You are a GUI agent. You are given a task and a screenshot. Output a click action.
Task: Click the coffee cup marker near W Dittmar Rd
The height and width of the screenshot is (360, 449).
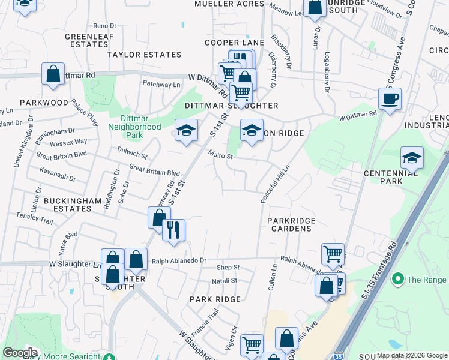[x=390, y=99]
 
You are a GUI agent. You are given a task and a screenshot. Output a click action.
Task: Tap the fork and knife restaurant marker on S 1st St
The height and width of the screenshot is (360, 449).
[x=174, y=230]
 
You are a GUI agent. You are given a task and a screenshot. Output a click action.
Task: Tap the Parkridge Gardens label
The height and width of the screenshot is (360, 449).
[x=291, y=224]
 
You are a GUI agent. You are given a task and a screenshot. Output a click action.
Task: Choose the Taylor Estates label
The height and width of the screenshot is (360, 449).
[x=144, y=55]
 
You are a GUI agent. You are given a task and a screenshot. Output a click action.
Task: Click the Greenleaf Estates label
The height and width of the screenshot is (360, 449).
[x=86, y=40]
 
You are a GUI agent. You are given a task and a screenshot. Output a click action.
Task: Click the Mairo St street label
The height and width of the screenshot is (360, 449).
[x=221, y=156]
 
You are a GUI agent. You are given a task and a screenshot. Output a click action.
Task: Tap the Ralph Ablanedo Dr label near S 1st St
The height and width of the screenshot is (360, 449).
[x=179, y=261]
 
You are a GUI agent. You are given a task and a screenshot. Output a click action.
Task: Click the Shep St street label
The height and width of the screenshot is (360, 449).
[x=228, y=267]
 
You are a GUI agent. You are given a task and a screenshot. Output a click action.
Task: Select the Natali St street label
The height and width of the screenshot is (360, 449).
[x=224, y=280]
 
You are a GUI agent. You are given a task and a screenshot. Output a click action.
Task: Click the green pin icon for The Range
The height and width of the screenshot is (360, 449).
[x=396, y=279]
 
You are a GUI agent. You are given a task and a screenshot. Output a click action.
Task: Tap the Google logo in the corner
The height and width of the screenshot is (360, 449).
[x=20, y=353]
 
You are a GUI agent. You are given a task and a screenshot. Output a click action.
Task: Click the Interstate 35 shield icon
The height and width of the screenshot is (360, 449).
[x=339, y=355]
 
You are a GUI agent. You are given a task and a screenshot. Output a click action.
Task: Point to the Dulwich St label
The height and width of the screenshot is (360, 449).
[x=133, y=154]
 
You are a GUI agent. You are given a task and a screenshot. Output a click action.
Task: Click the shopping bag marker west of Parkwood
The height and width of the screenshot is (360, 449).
[x=53, y=75]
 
